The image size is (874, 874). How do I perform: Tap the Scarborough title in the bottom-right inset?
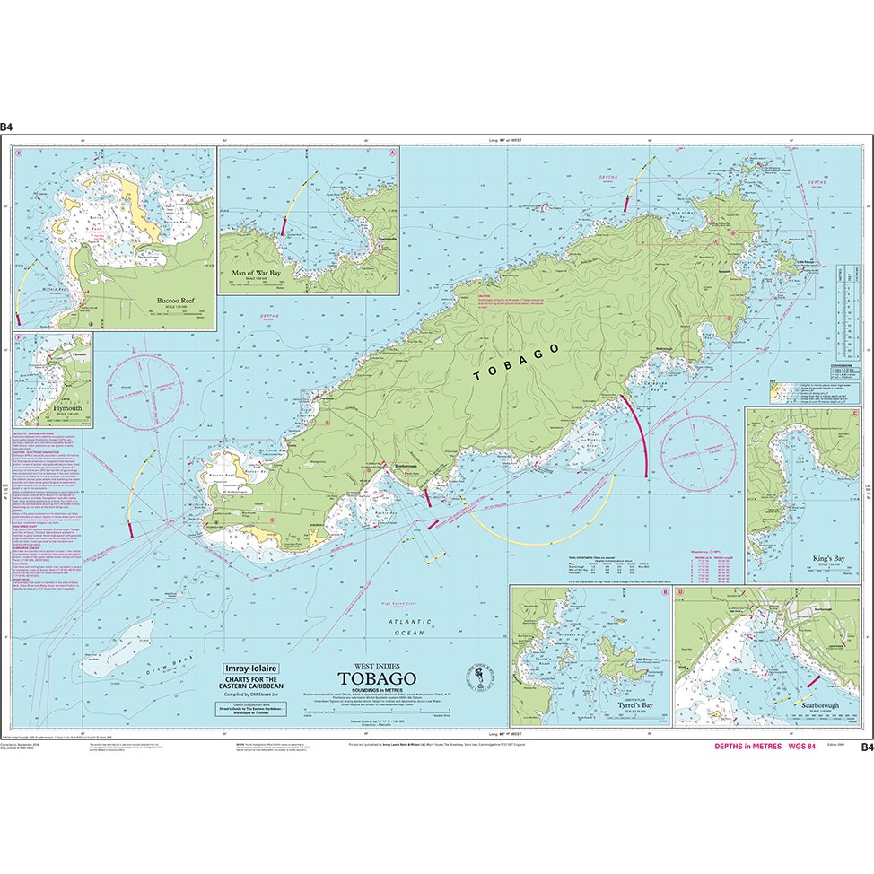(x=815, y=706)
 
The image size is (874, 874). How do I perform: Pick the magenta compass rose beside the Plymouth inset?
(x=147, y=391)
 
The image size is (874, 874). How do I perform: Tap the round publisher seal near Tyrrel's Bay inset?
(x=480, y=677)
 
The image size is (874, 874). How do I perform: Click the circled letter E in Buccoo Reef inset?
(x=19, y=152)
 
